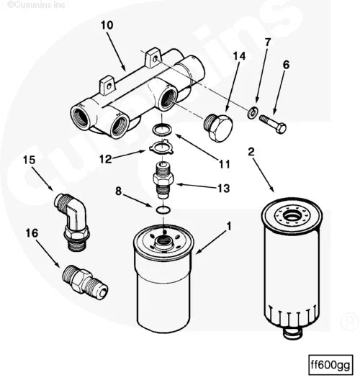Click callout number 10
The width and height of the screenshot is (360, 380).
click(107, 25)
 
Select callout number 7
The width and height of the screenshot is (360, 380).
click(267, 42)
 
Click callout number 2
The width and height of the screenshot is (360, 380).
click(251, 152)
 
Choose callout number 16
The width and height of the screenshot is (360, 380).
click(32, 232)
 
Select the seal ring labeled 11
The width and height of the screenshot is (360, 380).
click(163, 130)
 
